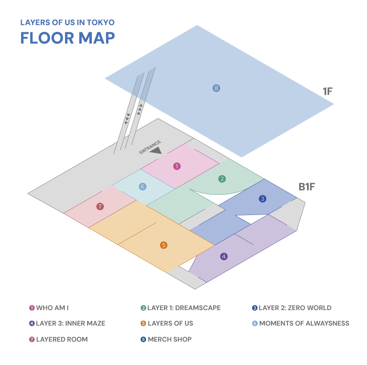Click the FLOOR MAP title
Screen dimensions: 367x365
point(68,38)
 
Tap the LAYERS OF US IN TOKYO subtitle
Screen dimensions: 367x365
point(68,23)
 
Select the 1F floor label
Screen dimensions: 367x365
point(328,91)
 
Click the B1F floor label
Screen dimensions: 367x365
point(307,187)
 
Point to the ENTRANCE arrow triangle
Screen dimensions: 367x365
point(156,151)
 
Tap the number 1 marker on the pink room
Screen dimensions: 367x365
point(177,166)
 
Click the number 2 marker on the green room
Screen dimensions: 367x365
point(222,179)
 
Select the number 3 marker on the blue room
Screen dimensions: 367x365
point(263,199)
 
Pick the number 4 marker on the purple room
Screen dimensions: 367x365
point(224,256)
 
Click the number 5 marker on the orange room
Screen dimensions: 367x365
point(164,245)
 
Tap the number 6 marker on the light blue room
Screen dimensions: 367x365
point(143,186)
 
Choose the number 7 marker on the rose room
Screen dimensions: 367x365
point(100,207)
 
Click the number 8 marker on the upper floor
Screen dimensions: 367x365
point(216,88)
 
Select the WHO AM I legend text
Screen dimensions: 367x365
point(52,308)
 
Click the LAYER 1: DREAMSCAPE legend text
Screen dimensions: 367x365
point(184,308)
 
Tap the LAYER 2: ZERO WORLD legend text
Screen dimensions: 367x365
point(295,308)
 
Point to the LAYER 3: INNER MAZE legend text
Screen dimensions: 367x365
point(71,324)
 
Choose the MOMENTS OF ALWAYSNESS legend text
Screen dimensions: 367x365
point(304,324)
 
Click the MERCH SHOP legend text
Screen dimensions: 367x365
point(170,339)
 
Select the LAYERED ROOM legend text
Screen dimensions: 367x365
point(62,339)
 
